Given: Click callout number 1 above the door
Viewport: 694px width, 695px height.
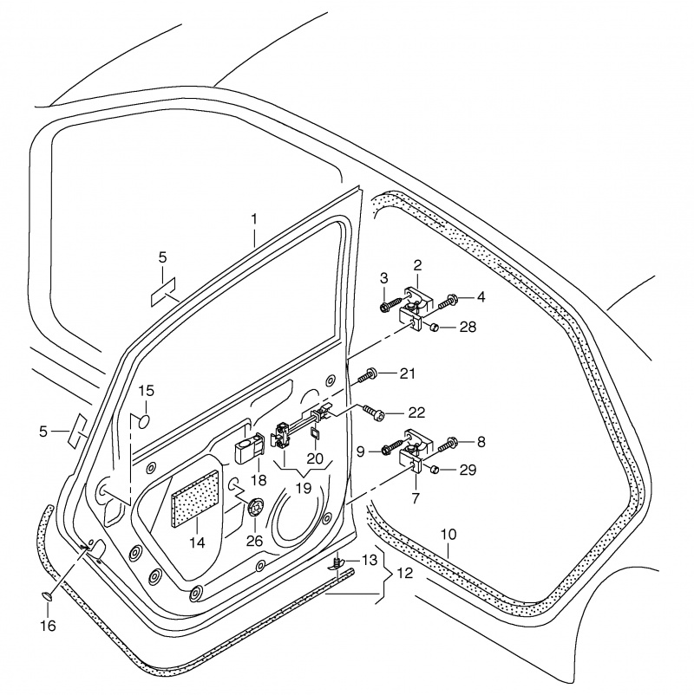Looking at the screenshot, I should point(254,218).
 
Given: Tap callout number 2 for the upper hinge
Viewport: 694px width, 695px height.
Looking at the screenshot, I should point(417,265).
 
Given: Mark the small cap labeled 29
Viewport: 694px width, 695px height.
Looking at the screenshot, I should point(435,469).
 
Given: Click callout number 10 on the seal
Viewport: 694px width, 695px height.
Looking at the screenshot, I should point(448,534).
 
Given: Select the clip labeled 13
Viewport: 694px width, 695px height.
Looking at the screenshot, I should point(337,565).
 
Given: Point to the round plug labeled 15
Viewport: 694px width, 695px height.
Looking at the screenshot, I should point(145,422).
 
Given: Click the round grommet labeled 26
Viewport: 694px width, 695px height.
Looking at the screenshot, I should point(255,509).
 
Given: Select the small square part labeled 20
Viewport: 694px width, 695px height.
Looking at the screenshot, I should point(314,432).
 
